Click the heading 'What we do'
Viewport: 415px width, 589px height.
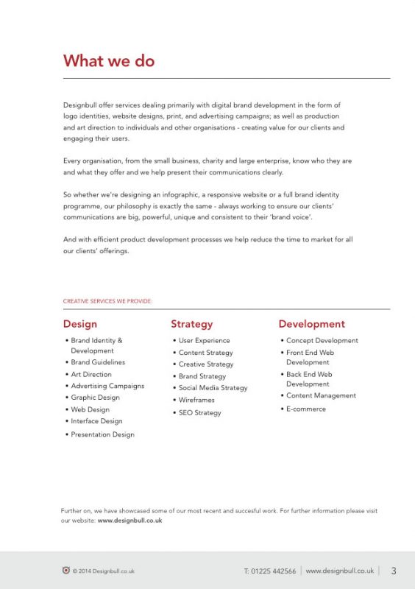point(109,61)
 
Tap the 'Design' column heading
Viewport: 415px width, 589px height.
point(79,324)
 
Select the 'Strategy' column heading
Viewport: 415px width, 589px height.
point(191,324)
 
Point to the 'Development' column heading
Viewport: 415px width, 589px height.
point(311,324)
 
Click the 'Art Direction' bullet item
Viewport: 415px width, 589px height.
point(91,374)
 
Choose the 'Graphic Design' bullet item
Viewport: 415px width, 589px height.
point(95,398)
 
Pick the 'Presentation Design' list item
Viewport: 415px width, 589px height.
point(102,434)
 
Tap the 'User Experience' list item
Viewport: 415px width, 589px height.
point(204,341)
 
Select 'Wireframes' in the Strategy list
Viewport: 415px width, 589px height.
point(196,401)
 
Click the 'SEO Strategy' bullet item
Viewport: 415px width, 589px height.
point(199,413)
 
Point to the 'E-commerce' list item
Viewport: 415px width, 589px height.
point(305,409)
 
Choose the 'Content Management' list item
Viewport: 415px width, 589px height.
point(321,395)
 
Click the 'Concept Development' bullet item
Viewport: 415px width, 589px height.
point(322,341)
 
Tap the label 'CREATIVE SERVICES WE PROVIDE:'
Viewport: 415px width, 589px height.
point(107,301)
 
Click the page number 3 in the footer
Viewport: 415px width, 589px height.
point(394,571)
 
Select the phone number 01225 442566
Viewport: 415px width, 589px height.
point(270,571)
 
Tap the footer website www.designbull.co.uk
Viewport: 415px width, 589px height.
point(339,571)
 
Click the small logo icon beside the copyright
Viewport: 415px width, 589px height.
point(66,570)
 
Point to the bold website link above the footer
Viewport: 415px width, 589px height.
point(130,521)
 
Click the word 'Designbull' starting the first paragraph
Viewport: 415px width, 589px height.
point(79,105)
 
